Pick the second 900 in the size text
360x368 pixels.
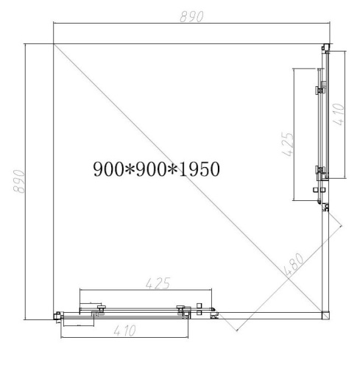tap(150, 169)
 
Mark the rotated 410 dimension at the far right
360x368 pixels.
tap(339, 115)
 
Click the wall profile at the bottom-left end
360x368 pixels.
tap(57, 316)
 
